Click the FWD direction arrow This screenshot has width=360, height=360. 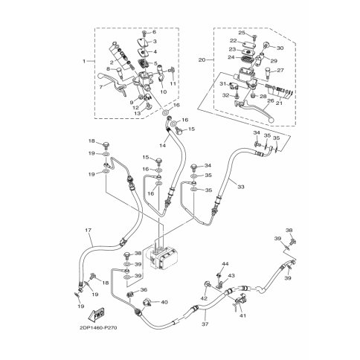point(95,314)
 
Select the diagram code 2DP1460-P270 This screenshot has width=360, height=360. point(98,328)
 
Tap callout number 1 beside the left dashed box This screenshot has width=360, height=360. point(84,61)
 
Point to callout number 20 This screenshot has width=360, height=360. point(202,60)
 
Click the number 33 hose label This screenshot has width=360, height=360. point(241,187)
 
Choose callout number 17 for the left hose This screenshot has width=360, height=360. point(89,230)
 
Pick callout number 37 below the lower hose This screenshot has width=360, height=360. point(205,324)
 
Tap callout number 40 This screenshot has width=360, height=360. point(164,302)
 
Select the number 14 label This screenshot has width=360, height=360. point(162,145)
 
